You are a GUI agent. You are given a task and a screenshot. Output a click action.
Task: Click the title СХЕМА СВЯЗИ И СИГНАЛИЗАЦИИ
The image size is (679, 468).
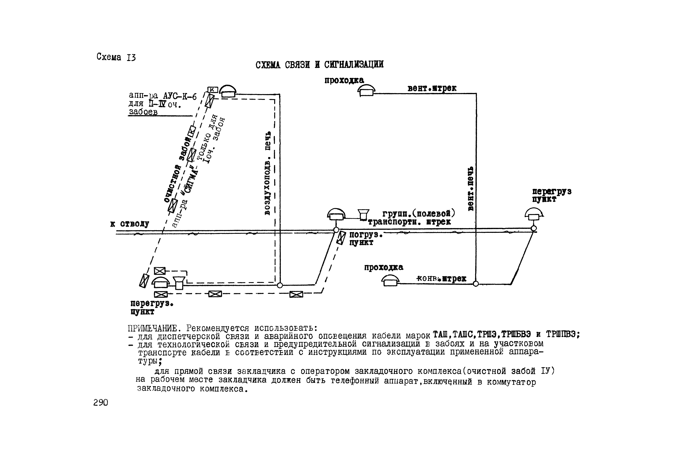(319, 65)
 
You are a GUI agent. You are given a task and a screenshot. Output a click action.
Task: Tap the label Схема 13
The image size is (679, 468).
(116, 57)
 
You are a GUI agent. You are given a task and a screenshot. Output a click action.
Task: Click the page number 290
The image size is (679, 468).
(101, 403)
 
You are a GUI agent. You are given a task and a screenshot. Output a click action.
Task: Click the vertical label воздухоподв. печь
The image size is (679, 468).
(267, 173)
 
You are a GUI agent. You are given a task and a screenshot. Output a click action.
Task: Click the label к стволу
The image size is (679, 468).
(130, 224)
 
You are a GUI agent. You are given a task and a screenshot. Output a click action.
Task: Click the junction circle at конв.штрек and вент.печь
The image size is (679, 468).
(476, 284)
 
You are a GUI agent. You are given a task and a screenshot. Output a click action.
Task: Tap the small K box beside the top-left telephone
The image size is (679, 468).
(213, 89)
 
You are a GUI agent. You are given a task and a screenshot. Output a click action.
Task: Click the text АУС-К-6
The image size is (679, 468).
(180, 96)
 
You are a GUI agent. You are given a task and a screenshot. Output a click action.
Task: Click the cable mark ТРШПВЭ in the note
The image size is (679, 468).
(562, 334)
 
